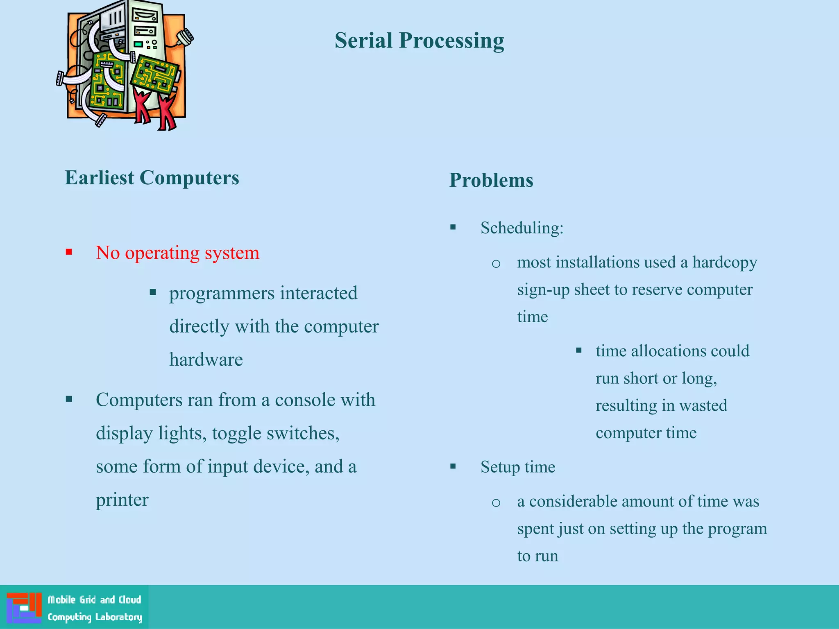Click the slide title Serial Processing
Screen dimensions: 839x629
[x=419, y=41]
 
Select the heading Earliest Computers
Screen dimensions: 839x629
[x=152, y=178]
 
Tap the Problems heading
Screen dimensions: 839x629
[x=491, y=181]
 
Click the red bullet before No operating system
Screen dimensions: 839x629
[x=69, y=252]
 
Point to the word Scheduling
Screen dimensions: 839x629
[x=522, y=228]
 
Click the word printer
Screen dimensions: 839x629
[x=122, y=500]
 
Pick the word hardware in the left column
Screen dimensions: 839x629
[x=206, y=360]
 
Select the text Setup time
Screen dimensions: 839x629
[x=518, y=467]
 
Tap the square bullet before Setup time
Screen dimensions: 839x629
[x=453, y=466]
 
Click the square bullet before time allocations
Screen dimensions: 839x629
[x=578, y=351]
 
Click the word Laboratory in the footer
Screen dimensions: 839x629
[x=118, y=617]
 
